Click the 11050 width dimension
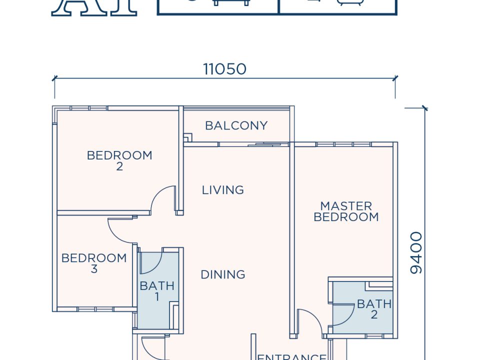224,69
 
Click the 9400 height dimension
416,252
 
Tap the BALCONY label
236,125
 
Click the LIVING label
223,190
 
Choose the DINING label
223,274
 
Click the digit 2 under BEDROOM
119,166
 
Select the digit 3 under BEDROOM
94,269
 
